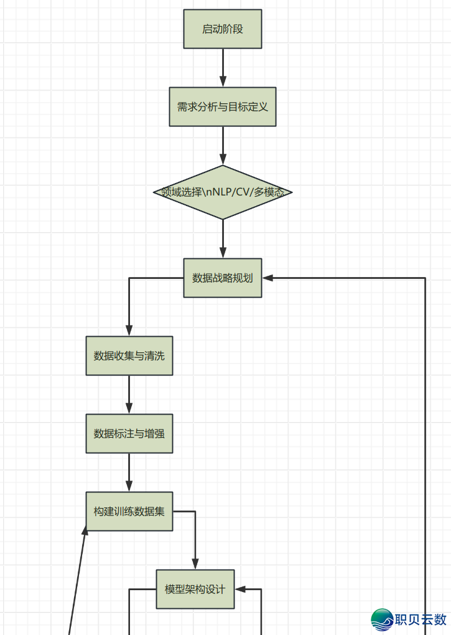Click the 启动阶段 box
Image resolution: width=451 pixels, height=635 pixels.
point(223,29)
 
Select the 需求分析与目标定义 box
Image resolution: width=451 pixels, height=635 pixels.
point(223,106)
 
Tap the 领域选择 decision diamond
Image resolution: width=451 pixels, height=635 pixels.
point(223,192)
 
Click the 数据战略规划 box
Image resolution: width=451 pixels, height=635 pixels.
point(223,278)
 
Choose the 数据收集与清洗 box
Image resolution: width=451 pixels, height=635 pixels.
point(129,356)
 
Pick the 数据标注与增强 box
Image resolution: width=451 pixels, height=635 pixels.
point(129,434)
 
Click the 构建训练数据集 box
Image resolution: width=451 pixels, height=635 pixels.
point(129,512)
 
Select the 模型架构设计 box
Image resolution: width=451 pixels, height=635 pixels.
point(195,589)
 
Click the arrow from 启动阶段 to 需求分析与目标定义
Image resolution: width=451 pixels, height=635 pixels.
point(223,67)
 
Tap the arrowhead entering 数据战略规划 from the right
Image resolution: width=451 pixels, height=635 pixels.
point(268,278)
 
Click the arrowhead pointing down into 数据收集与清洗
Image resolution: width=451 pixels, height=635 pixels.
point(129,331)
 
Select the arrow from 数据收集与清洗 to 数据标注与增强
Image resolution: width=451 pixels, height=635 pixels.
point(129,395)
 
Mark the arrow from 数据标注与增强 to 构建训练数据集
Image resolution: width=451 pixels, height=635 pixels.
point(129,473)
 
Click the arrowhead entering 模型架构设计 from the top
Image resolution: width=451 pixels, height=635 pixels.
point(195,564)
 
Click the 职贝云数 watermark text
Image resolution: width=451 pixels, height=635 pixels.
point(421,619)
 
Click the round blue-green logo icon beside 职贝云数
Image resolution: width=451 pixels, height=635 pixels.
point(382,620)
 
